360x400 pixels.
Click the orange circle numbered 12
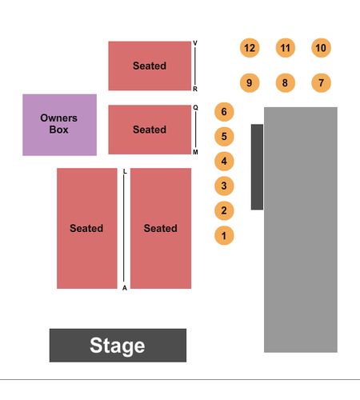250,48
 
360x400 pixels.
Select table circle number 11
286,48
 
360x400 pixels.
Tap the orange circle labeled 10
321,48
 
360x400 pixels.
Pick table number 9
250,83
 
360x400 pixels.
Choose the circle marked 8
286,83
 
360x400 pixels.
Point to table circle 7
321,83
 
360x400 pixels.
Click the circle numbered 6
224,112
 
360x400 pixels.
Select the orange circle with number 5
224,137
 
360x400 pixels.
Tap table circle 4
224,162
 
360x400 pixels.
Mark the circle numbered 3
224,186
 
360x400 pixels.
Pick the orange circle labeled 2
224,210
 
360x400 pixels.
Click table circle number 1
224,235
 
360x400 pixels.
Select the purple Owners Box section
59,125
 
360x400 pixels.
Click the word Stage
118,346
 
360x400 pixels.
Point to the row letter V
195,43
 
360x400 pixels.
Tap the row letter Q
195,107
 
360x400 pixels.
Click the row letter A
125,288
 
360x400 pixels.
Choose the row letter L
125,171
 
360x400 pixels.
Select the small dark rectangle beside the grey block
257,167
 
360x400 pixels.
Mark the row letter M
195,152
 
